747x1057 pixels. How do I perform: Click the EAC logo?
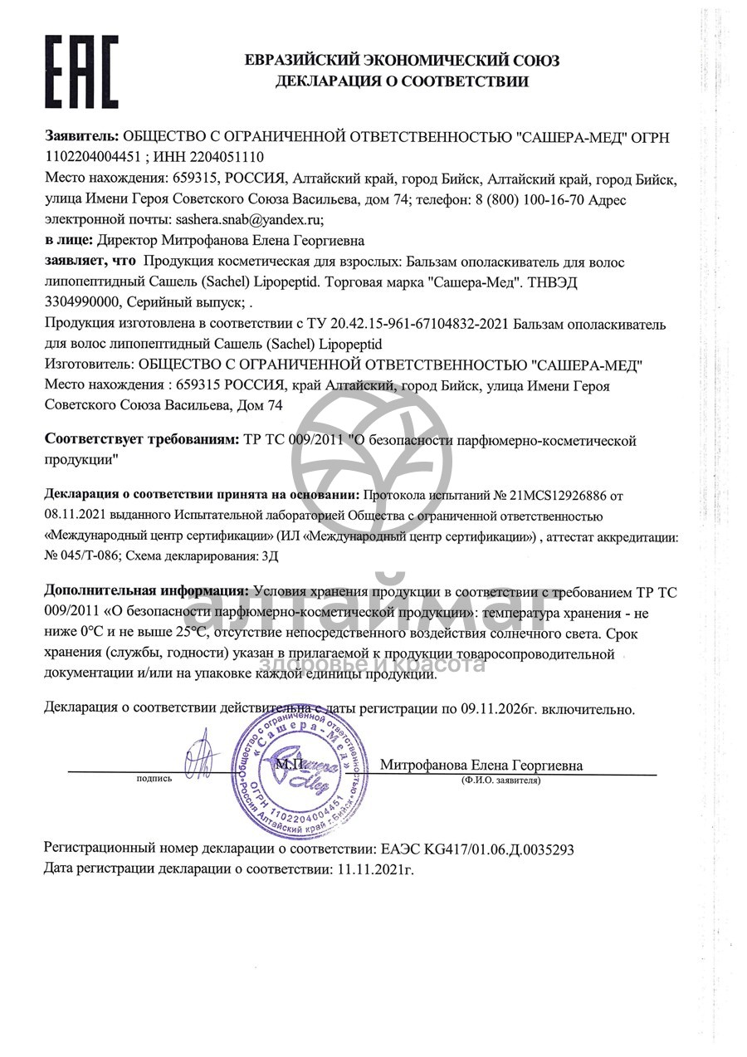point(81,68)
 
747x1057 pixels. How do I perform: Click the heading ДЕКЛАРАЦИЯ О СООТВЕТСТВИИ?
point(402,81)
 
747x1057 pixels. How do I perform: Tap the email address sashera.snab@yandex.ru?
point(246,220)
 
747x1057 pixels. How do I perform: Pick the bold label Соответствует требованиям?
point(141,439)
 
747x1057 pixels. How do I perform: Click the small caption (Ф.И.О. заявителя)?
point(501,781)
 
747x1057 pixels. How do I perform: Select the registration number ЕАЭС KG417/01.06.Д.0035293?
point(476,849)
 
